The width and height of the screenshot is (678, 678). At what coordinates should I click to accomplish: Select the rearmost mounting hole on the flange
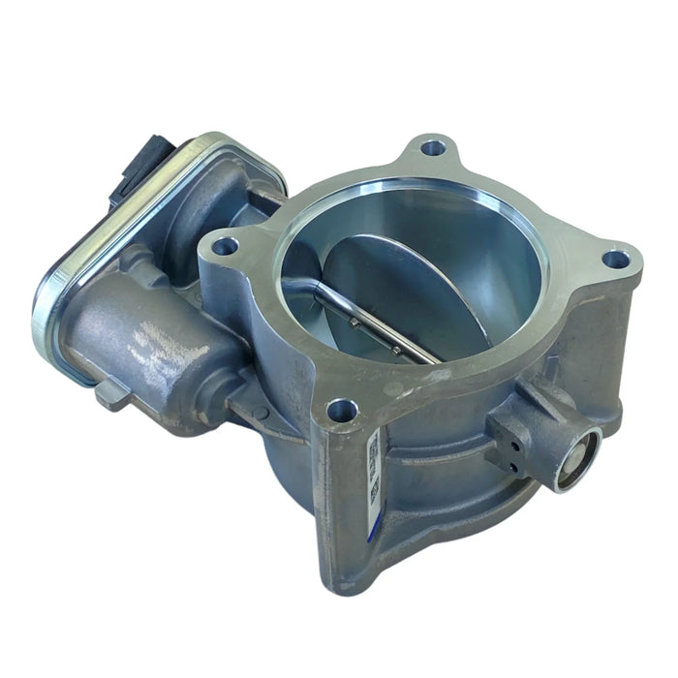click(433, 148)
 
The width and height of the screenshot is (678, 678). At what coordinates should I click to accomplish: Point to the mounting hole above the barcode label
click(342, 411)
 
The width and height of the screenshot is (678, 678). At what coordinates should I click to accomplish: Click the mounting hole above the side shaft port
click(615, 260)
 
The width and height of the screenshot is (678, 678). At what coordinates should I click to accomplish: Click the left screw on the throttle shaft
click(354, 322)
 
